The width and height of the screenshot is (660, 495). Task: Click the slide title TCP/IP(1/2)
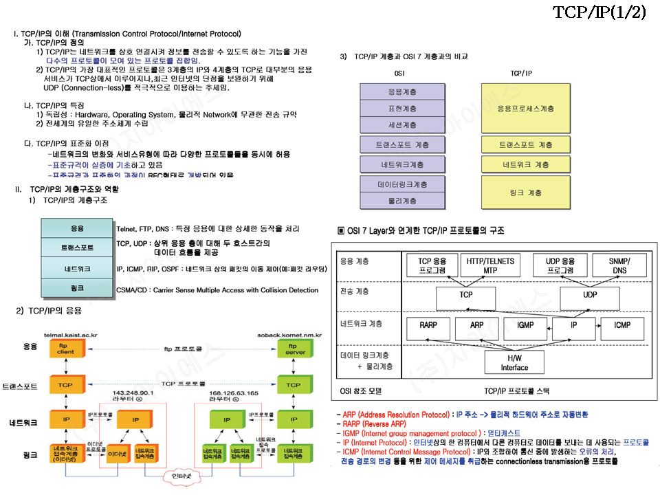599,14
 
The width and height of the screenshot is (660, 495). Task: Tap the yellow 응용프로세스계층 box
525,108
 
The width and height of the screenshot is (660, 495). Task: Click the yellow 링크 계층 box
525,192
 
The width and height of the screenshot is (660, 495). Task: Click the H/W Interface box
514,363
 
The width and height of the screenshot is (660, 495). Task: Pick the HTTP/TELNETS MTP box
490,265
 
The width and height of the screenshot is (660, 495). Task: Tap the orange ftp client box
67,349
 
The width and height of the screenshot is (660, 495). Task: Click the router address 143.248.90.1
132,393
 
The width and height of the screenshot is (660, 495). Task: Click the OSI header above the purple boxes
399,73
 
